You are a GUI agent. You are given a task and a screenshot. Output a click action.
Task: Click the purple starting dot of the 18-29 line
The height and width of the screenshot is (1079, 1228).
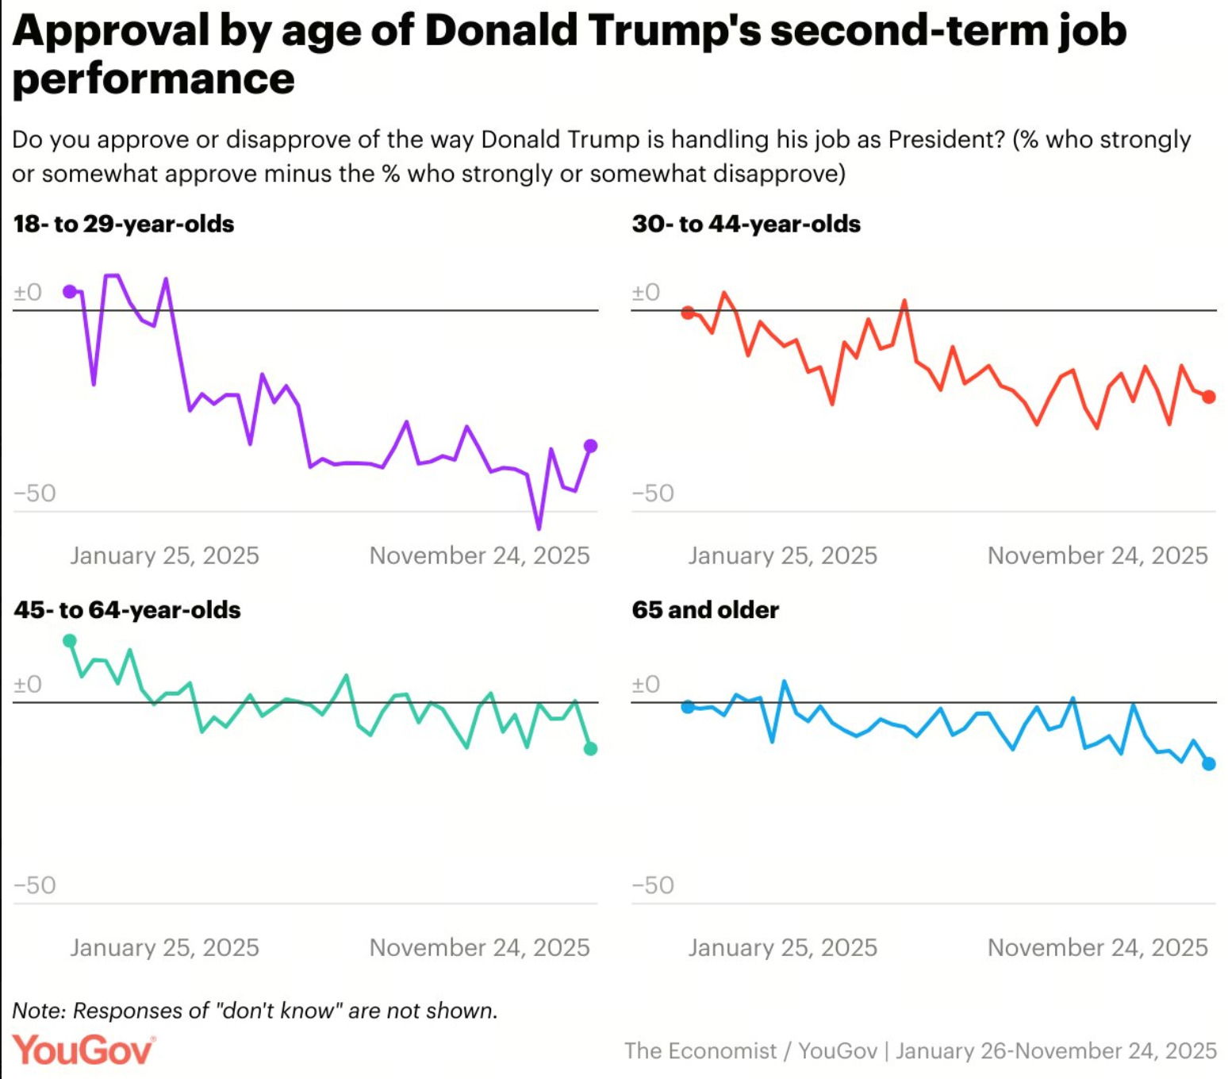point(70,292)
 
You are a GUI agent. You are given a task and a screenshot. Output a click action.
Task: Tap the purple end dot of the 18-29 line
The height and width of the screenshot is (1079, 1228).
point(590,446)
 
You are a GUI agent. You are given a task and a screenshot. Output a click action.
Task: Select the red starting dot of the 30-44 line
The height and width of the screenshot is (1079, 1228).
point(688,313)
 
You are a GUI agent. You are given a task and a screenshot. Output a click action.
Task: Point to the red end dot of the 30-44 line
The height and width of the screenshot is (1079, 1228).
point(1208,397)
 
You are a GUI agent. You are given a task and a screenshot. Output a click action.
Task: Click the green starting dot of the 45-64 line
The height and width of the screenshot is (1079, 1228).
point(70,640)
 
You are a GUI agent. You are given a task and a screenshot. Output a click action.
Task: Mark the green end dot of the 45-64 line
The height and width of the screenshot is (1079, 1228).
point(590,748)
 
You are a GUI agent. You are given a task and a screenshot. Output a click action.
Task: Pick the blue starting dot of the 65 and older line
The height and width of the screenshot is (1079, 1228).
point(688,706)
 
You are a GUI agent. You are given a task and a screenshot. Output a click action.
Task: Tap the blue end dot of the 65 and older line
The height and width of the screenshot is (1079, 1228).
point(1208,764)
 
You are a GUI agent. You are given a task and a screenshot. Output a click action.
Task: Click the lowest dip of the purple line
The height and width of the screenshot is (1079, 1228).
point(539,528)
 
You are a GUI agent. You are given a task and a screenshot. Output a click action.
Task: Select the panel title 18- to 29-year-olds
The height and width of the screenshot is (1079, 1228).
point(124,224)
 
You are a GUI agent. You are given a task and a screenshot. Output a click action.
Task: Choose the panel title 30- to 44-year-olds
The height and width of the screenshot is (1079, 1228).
point(746,224)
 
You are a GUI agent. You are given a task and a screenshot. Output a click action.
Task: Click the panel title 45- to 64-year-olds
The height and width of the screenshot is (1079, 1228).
point(127,609)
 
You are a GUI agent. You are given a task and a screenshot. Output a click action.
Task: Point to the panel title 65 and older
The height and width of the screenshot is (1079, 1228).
point(705,609)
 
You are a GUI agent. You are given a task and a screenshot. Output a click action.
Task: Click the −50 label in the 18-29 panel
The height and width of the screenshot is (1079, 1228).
point(35,493)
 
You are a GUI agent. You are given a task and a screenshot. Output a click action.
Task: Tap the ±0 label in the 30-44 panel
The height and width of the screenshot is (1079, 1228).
point(646,292)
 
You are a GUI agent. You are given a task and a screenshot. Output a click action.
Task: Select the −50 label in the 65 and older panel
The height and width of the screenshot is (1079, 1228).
point(653,885)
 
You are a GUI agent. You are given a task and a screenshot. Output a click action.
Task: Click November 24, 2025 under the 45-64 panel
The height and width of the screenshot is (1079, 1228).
point(479,947)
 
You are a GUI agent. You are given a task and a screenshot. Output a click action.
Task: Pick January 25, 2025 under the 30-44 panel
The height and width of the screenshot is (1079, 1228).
point(782,555)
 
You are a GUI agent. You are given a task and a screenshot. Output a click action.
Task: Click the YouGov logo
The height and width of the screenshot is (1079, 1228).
point(83,1050)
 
